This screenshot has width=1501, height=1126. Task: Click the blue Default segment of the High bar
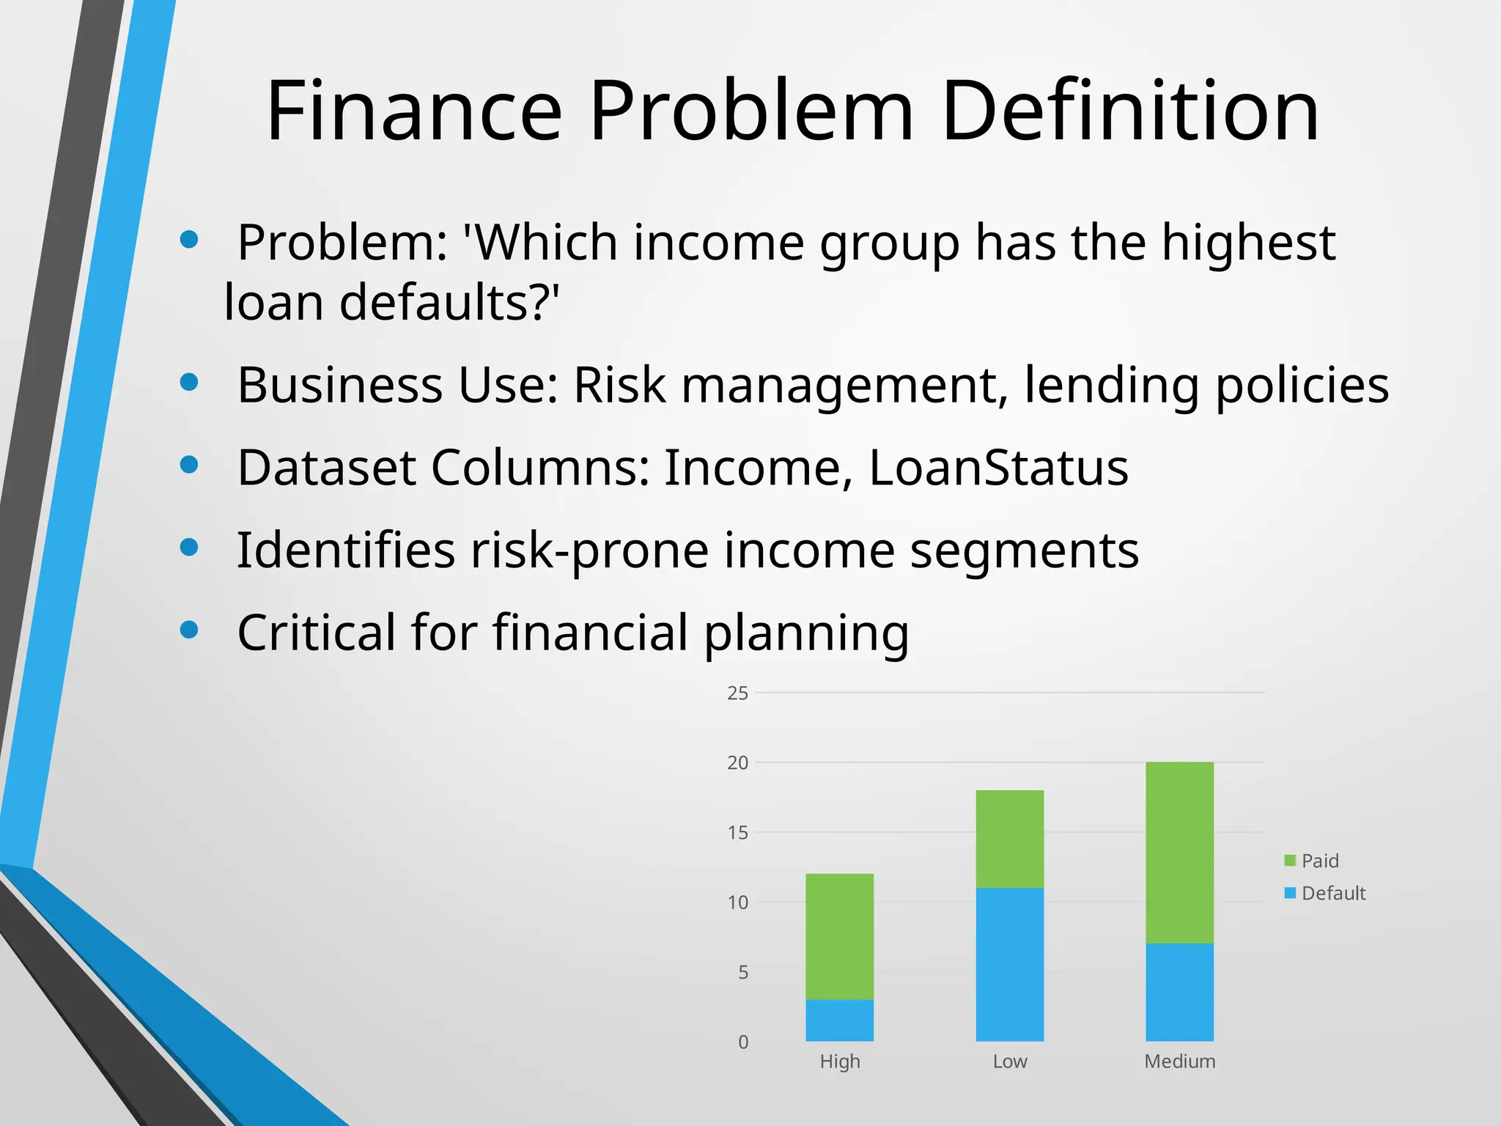tap(839, 1020)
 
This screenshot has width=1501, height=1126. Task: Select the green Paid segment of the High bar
tap(839, 936)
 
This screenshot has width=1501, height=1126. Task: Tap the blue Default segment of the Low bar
tap(1009, 964)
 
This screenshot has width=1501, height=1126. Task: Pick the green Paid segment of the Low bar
tap(1009, 839)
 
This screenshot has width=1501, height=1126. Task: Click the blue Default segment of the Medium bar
tap(1179, 992)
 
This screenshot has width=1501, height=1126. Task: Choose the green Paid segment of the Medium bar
tap(1179, 853)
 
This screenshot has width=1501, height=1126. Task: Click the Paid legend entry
tap(1312, 861)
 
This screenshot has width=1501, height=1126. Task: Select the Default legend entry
tap(1325, 893)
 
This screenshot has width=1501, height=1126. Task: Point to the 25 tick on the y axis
tap(738, 693)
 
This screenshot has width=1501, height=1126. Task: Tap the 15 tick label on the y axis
tap(738, 833)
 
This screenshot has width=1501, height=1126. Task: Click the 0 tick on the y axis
tap(743, 1042)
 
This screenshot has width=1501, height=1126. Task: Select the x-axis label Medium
tap(1179, 1061)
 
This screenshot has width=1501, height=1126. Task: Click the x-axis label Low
tap(1009, 1061)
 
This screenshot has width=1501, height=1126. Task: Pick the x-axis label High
tap(839, 1061)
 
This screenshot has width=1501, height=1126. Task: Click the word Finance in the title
tap(415, 111)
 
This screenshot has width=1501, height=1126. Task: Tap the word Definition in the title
tap(1129, 111)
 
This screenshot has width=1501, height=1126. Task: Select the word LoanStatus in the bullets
tap(998, 467)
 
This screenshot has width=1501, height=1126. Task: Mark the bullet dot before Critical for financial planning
tap(189, 630)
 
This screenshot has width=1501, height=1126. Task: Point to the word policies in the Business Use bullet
tap(1302, 385)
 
